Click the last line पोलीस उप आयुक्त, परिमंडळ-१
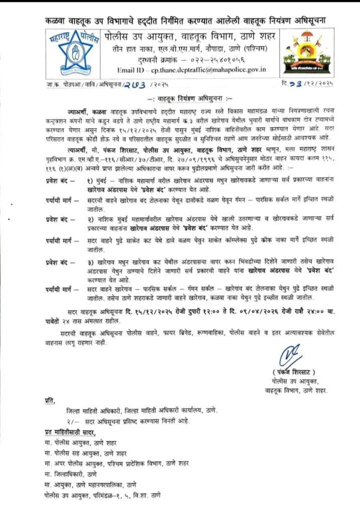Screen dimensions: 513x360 (x=102, y=495)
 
